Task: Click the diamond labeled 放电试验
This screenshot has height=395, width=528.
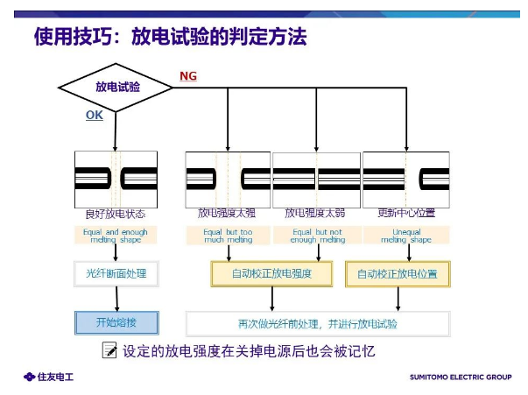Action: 116,87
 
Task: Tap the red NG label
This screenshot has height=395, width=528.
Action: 187,76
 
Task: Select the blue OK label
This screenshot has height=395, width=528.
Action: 95,115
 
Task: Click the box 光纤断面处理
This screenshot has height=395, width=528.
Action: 116,274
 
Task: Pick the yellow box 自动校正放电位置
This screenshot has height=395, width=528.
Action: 398,274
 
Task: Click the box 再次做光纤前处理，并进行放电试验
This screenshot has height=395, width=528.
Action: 317,322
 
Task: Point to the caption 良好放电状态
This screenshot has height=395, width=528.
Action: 116,213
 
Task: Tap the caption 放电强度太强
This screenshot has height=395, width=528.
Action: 227,213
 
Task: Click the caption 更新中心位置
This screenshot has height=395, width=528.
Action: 405,213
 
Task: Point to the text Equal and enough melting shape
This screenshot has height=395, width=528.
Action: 116,235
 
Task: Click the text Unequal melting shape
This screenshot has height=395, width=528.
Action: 405,235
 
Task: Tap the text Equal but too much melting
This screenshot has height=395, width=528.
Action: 227,235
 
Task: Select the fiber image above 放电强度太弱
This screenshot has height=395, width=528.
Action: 317,179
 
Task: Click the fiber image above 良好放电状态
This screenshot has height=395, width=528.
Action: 116,179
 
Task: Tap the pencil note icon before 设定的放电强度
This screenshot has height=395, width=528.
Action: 109,350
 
